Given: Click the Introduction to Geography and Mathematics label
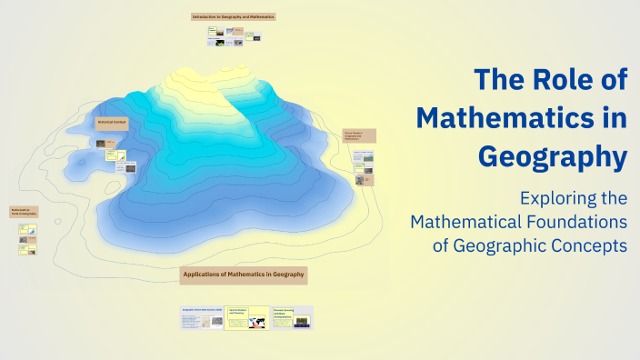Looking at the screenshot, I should point(233,16).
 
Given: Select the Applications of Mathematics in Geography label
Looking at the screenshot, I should point(244,274).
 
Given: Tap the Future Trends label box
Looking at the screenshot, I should point(359,135).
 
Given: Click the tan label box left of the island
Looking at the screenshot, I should point(23,212).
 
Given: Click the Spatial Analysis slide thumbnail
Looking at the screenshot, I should point(246,317).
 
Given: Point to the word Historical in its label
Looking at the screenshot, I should point(106,122).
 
